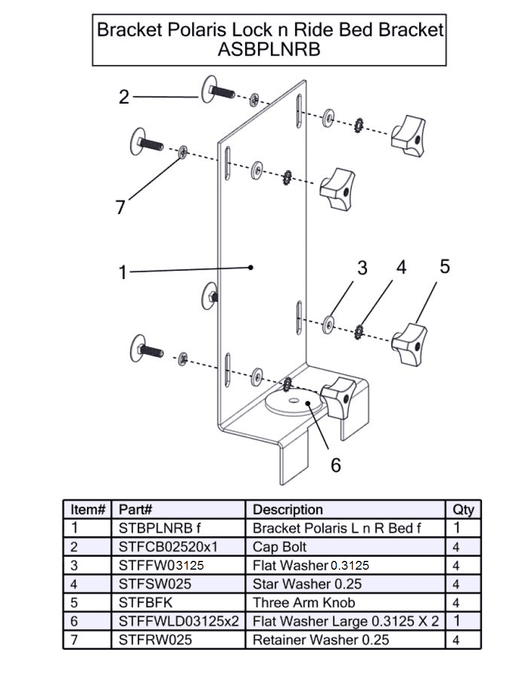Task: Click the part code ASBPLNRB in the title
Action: (x=269, y=49)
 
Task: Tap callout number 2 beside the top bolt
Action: (x=124, y=97)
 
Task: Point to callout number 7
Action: (x=121, y=207)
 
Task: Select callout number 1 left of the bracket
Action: (x=123, y=273)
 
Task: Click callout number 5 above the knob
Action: (x=445, y=267)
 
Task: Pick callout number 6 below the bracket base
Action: (x=335, y=465)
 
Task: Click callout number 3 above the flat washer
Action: (x=362, y=268)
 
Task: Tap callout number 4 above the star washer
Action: (x=401, y=267)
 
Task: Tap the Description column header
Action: (x=287, y=509)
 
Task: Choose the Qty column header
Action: (x=463, y=509)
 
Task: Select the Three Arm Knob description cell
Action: (x=304, y=603)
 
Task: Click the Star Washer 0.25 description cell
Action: (x=307, y=584)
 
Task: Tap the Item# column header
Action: (x=87, y=509)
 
